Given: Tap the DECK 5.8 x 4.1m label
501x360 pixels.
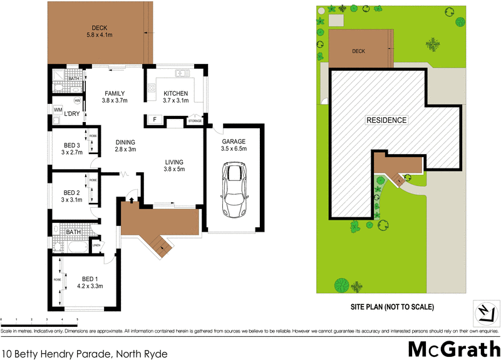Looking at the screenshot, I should tap(99, 32).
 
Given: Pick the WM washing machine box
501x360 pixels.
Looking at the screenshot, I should tap(58, 110).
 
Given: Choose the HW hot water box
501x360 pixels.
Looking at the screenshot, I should tap(78, 100).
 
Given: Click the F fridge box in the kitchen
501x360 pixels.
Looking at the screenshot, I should tap(154, 119).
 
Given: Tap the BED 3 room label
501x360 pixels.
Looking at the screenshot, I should tap(72, 148).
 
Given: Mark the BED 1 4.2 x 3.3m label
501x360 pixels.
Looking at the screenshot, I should tap(89, 282).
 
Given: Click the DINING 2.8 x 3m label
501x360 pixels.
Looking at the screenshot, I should tap(125, 146).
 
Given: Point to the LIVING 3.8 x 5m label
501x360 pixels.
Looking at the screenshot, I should tap(173, 165).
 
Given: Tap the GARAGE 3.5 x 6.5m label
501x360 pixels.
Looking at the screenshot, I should tap(234, 145).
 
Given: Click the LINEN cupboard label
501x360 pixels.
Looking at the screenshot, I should tap(96, 245).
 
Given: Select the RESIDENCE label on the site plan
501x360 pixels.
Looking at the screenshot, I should tap(386, 120).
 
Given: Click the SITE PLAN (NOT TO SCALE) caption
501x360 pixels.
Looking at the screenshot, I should tap(392, 307).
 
